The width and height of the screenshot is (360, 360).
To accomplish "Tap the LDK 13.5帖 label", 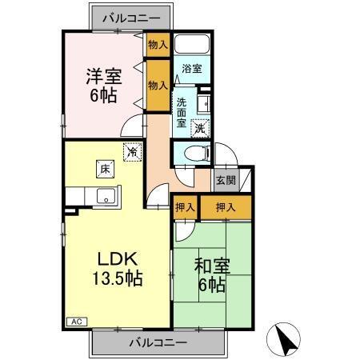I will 119,269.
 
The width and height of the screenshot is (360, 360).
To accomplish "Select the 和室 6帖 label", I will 210,274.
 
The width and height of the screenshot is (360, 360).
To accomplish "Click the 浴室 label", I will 190,69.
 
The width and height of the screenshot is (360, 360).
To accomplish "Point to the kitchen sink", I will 103,196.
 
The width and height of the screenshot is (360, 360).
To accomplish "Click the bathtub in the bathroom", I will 191,44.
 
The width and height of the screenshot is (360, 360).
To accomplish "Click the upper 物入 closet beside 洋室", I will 157,46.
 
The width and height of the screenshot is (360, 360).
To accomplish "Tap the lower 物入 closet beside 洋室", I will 157,84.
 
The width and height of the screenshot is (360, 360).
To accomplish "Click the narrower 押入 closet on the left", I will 184,206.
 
